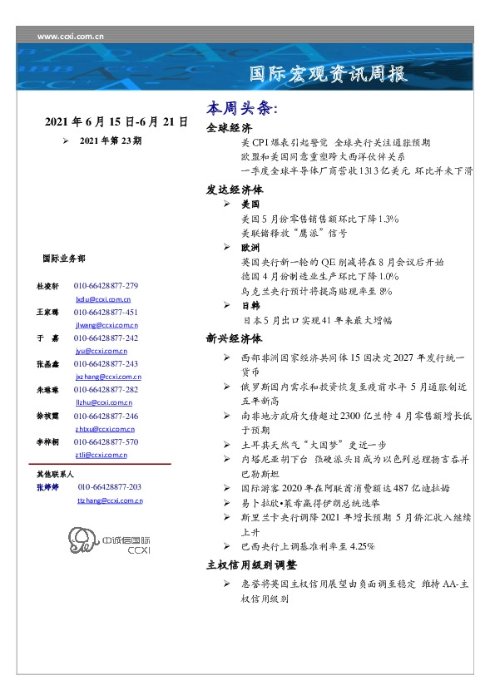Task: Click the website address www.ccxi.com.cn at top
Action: (71, 37)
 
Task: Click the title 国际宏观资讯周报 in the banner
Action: (329, 74)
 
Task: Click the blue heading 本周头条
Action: (241, 109)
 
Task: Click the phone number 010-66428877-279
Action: (106, 286)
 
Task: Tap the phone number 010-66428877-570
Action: (106, 442)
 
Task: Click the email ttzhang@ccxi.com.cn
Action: (110, 500)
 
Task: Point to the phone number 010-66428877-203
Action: (109, 486)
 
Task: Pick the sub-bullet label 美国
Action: (250, 204)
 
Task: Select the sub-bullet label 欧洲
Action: (250, 248)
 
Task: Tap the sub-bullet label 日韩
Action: (250, 306)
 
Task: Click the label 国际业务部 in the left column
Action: (62, 259)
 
